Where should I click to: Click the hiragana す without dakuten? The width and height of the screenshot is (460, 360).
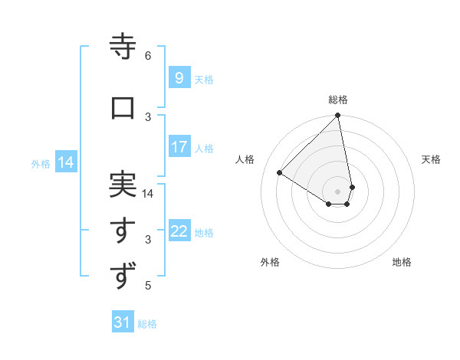click(x=123, y=231)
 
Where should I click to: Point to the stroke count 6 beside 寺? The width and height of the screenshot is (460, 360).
click(x=148, y=56)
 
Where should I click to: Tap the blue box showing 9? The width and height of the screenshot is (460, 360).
click(x=179, y=78)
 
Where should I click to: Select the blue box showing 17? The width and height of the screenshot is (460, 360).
click(x=179, y=147)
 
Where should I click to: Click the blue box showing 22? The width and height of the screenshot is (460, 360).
click(x=179, y=231)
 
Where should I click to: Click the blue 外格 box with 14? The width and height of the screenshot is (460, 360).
click(x=65, y=162)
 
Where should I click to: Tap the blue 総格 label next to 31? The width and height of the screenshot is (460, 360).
click(x=147, y=324)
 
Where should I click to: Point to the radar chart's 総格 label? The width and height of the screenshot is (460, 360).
click(x=338, y=100)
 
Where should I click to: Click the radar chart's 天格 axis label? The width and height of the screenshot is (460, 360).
click(x=431, y=159)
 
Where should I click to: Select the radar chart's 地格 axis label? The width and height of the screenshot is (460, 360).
click(x=402, y=262)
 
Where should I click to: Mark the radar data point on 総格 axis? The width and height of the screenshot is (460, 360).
click(x=338, y=116)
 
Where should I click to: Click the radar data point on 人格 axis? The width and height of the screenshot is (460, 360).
click(x=280, y=173)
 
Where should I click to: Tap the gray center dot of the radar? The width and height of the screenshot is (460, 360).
click(x=337, y=191)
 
